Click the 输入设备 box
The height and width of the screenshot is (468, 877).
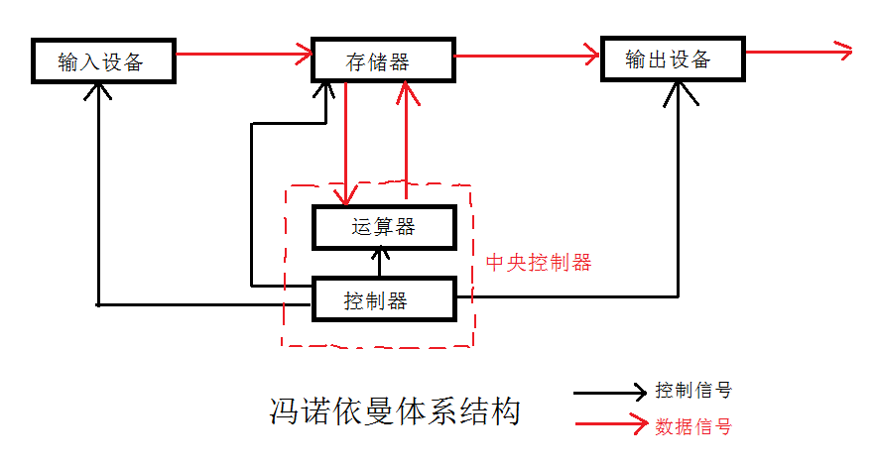[x=101, y=62]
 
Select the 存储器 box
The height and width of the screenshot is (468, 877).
[x=383, y=61]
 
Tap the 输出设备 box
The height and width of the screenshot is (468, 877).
[x=673, y=60]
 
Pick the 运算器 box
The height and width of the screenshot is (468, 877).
[x=384, y=227]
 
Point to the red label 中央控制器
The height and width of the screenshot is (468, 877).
[x=539, y=264]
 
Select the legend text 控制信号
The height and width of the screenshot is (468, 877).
[x=693, y=391]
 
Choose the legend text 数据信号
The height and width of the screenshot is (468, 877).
[x=693, y=427]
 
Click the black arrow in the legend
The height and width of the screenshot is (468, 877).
[x=609, y=393]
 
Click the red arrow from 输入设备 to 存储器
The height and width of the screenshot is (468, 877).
[x=243, y=56]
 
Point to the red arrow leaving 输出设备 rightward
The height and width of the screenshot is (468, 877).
[x=799, y=51]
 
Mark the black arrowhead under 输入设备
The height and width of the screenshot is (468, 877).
[x=98, y=91]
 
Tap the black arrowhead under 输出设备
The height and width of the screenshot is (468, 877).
[x=680, y=91]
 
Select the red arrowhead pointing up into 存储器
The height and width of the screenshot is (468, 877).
[x=406, y=91]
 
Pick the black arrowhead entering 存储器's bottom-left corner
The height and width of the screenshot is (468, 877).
[x=324, y=90]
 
